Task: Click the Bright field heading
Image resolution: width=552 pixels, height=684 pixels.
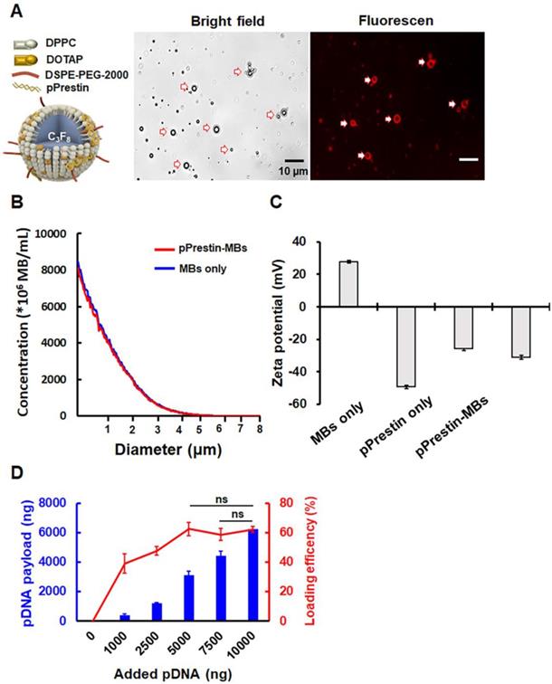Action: (x=220, y=20)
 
